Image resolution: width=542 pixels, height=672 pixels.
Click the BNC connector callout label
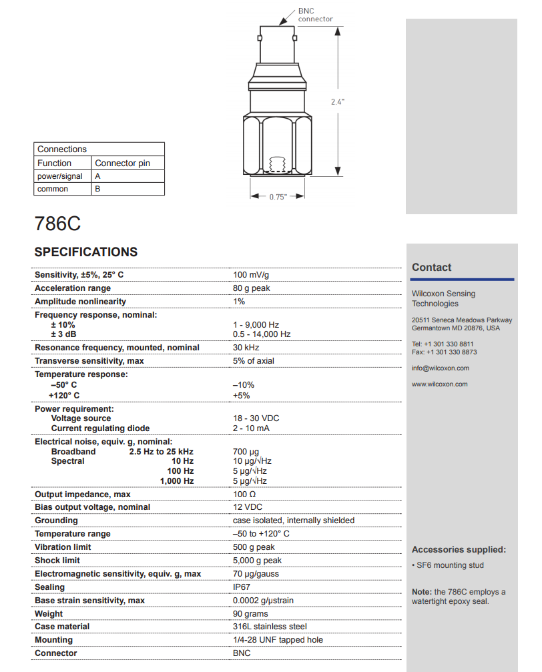[314, 15]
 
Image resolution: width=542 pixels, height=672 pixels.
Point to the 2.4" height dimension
[338, 101]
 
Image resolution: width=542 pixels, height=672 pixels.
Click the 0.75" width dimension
[278, 197]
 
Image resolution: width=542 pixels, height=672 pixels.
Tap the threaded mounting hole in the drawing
[276, 163]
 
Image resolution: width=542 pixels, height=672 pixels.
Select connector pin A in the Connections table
[98, 176]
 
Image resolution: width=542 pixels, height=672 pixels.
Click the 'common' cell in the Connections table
[53, 189]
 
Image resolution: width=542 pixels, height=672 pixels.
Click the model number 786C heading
[57, 224]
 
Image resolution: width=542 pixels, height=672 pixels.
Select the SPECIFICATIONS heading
[86, 252]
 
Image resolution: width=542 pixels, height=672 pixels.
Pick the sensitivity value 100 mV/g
[251, 275]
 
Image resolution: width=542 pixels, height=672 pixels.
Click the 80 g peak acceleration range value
[252, 288]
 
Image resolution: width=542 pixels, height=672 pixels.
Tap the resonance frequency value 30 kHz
[246, 348]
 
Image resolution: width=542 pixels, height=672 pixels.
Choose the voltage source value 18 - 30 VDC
[256, 418]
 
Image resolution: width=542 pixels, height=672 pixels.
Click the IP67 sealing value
[242, 587]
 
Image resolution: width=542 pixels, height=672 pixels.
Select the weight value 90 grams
[250, 614]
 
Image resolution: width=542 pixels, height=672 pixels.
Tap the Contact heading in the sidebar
[431, 268]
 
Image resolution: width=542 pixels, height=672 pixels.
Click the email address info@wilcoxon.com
[440, 368]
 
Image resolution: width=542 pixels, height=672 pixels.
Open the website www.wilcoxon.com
[439, 384]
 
